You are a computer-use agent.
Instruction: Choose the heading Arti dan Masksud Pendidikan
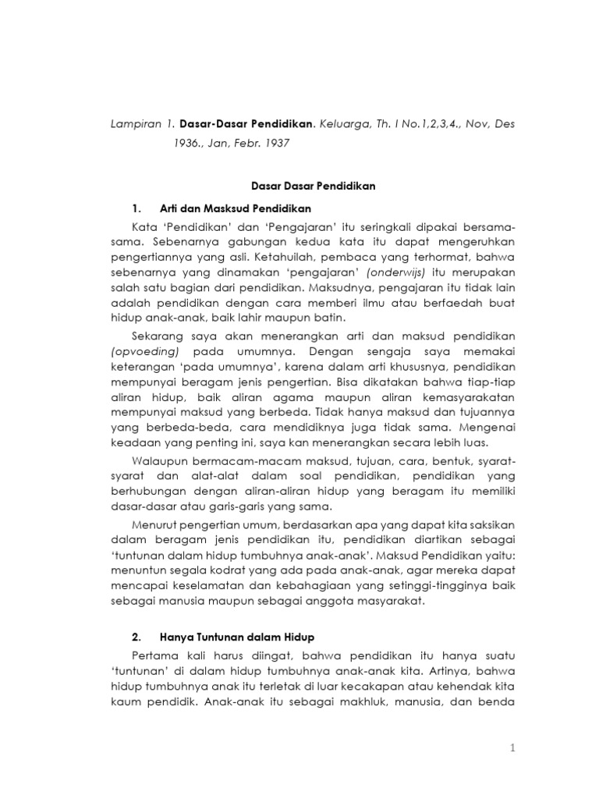pyautogui.click(x=235, y=208)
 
